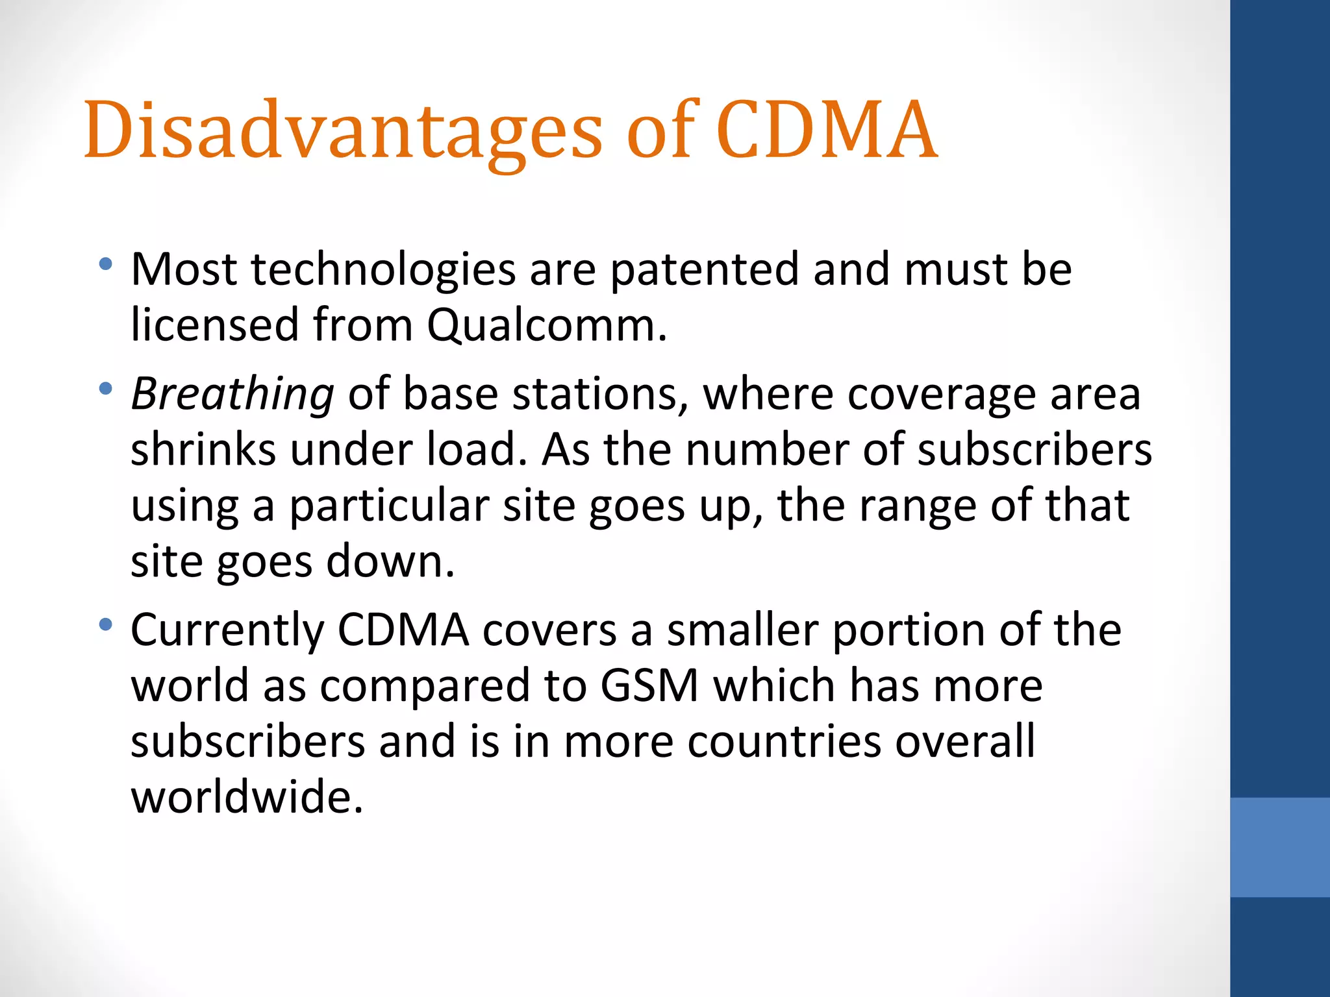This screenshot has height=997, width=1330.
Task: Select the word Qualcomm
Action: (x=546, y=325)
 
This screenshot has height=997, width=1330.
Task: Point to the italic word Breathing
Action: (x=232, y=395)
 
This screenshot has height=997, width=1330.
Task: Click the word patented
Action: (x=705, y=269)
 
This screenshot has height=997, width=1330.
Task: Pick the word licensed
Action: (x=214, y=325)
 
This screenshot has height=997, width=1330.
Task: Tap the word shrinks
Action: (x=203, y=449)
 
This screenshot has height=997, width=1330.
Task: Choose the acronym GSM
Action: (x=649, y=685)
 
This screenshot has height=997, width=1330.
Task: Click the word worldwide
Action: (x=246, y=797)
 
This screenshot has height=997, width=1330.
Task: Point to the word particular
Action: (x=388, y=506)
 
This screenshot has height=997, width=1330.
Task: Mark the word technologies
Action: (x=383, y=269)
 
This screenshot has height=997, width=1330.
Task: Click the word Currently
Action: (x=227, y=630)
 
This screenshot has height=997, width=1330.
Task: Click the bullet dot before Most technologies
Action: (x=105, y=264)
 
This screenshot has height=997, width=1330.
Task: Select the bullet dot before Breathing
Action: (x=105, y=389)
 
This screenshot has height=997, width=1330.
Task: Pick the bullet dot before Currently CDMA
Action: (x=105, y=625)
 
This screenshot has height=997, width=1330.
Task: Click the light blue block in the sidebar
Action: (x=1279, y=847)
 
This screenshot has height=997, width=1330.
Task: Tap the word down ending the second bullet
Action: (x=389, y=561)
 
